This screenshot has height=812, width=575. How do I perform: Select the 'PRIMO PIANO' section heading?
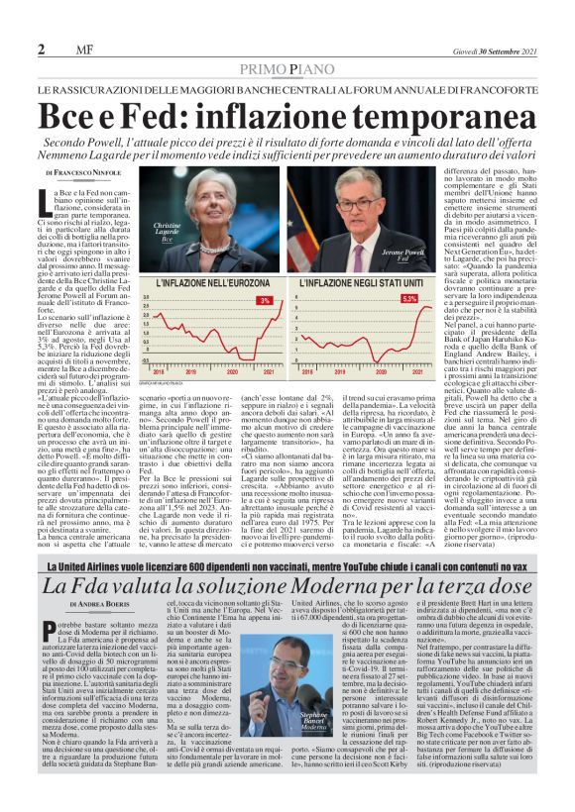[287, 70]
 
